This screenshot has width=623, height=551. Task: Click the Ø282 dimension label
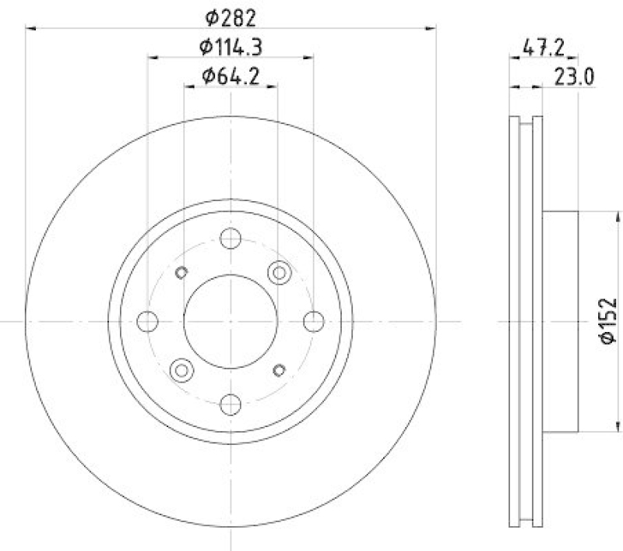231,18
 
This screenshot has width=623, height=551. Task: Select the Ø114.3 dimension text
231,48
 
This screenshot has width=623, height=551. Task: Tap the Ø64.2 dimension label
231,76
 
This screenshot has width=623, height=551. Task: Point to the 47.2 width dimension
543,48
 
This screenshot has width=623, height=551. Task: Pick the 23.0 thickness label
574,76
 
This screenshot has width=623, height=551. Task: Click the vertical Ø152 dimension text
608,321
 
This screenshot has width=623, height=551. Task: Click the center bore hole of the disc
231,321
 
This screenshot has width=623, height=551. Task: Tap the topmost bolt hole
231,238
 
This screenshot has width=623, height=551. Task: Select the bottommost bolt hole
231,404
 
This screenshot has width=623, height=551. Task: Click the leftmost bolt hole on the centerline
147,321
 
